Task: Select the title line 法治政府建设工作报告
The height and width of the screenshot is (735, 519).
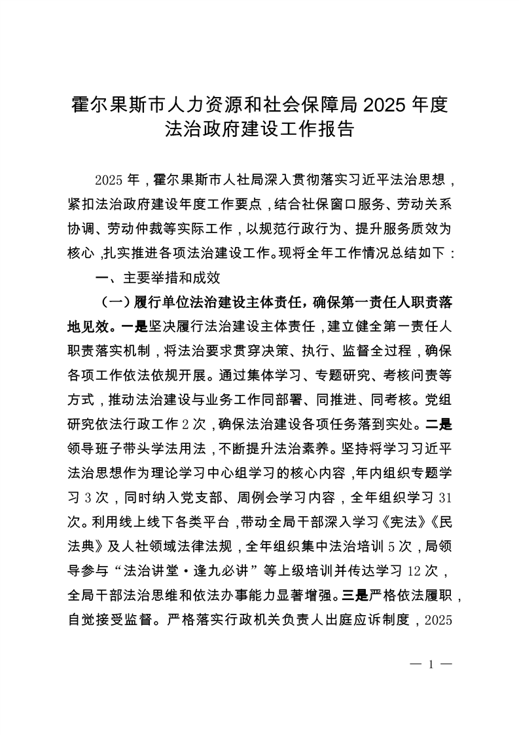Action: coord(259,129)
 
